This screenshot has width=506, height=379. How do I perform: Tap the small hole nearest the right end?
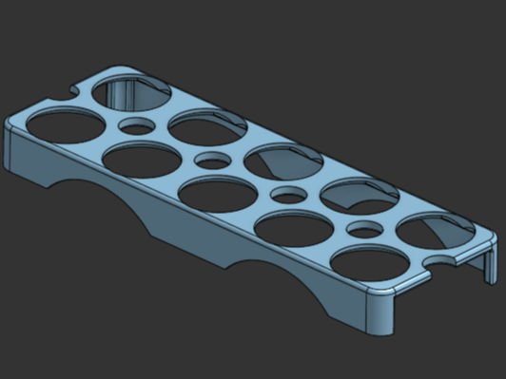tap(363, 229)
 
